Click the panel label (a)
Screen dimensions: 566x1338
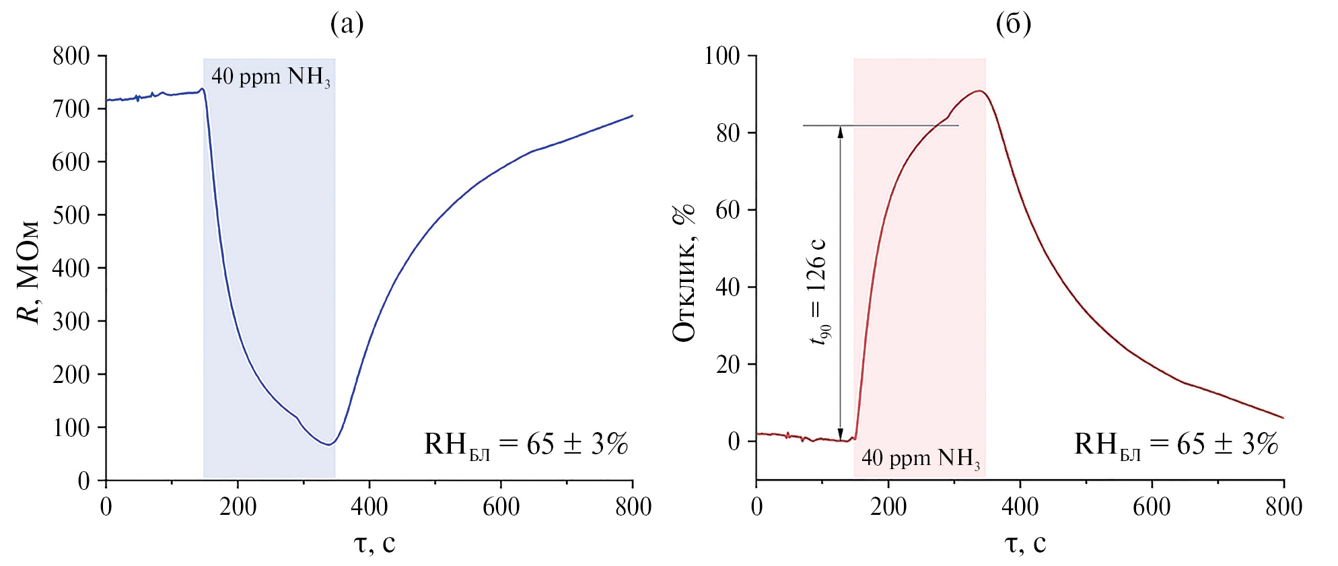click(x=347, y=24)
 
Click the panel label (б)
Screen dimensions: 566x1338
click(x=1013, y=24)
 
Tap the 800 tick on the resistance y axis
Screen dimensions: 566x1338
click(x=71, y=56)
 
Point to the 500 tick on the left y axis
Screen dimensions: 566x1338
click(x=71, y=215)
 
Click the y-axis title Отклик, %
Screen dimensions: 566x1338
click(x=684, y=273)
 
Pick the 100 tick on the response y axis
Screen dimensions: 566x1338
click(x=721, y=56)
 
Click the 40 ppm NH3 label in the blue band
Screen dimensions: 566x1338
click(x=271, y=77)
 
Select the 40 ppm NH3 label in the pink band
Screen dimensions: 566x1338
click(x=920, y=458)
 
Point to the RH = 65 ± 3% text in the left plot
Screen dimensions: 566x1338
click(x=526, y=445)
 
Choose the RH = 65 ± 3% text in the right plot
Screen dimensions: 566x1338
click(x=1176, y=445)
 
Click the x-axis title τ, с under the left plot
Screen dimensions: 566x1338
click(x=374, y=542)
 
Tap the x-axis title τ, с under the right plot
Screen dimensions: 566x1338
click(x=1025, y=542)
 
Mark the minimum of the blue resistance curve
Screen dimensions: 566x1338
click(x=328, y=444)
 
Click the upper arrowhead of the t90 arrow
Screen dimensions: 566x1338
click(x=840, y=131)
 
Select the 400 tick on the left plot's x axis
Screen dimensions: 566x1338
click(x=369, y=506)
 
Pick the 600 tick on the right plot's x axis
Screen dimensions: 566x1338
click(x=1152, y=506)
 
